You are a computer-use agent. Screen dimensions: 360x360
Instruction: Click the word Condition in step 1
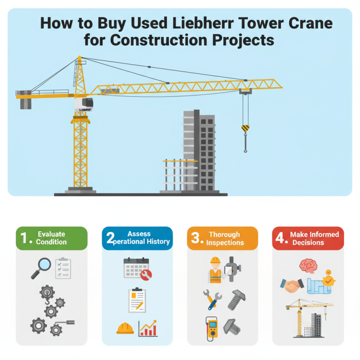coord(52,242)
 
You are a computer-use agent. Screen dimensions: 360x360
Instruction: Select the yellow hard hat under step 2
coord(125,328)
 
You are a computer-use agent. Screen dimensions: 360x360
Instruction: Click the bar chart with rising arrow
coord(148,328)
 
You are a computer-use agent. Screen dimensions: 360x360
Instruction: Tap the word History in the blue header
coord(157,242)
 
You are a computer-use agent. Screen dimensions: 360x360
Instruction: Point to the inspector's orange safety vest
coord(215,275)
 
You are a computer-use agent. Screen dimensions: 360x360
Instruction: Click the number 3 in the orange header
coord(195,238)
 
